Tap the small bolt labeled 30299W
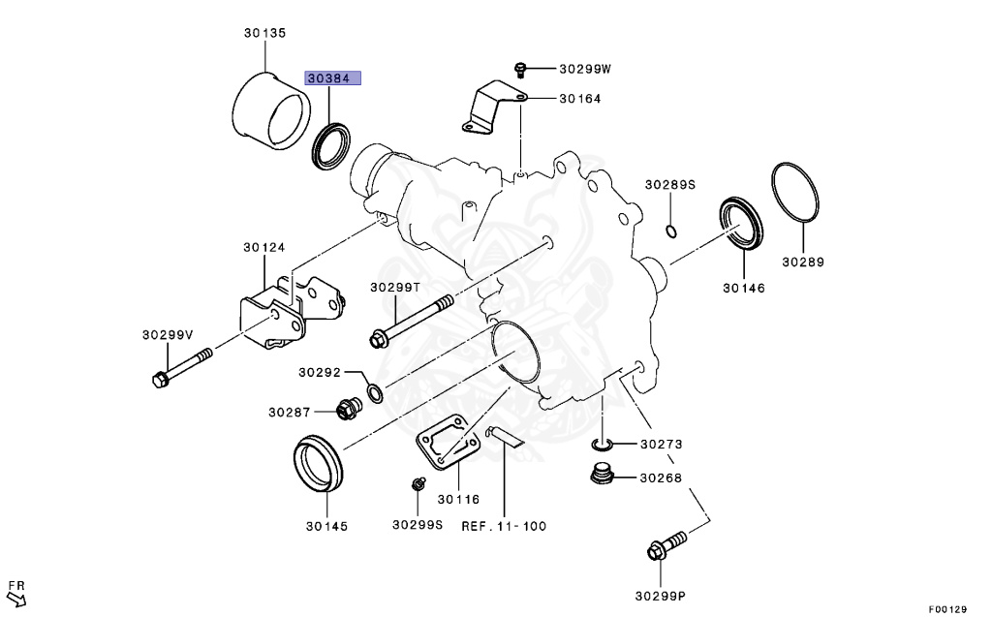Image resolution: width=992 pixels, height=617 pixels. pyautogui.click(x=520, y=68)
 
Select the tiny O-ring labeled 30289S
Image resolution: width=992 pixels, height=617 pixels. pyautogui.click(x=671, y=231)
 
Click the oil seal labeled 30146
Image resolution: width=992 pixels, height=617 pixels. pyautogui.click(x=742, y=223)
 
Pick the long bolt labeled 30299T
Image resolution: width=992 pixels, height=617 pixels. pyautogui.click(x=412, y=321)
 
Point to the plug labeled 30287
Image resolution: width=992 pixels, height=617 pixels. pyautogui.click(x=344, y=411)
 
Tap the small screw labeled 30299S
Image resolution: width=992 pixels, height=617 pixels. pyautogui.click(x=418, y=482)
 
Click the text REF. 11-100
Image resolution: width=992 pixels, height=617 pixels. pyautogui.click(x=504, y=526)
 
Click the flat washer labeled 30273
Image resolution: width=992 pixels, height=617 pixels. pyautogui.click(x=602, y=445)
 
